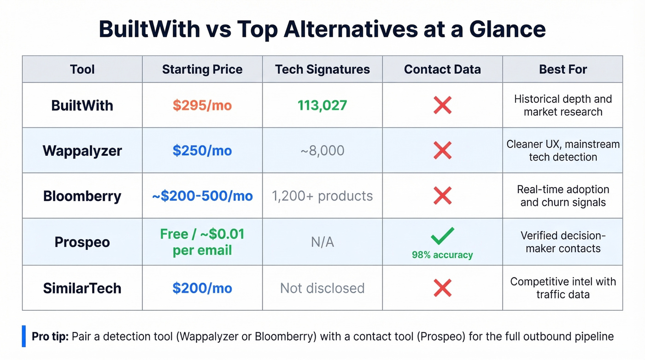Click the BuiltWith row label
[82, 106]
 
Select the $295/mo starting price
[202, 106]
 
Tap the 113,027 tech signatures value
[322, 106]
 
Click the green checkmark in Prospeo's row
[442, 236]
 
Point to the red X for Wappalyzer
[442, 151]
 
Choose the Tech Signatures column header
[322, 70]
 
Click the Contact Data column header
[442, 70]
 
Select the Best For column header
[563, 70]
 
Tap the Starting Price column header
[202, 70]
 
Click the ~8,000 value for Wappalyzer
[322, 151]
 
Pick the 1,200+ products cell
[322, 196]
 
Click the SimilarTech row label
[82, 289]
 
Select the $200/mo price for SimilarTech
[202, 289]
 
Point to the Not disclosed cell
[322, 289]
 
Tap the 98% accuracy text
[442, 255]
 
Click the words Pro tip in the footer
[50, 336]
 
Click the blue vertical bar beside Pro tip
[24, 336]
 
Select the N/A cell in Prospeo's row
[322, 242]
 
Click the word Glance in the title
[507, 30]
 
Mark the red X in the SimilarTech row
[442, 289]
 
